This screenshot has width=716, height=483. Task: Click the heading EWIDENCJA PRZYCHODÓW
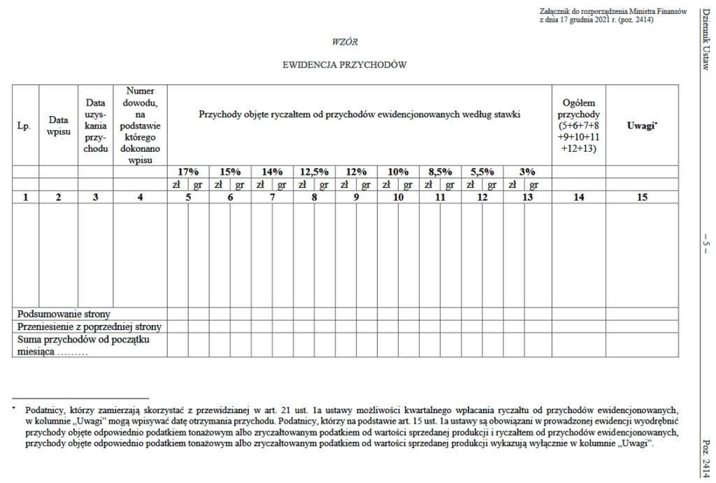344,64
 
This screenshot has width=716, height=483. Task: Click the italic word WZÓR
345,42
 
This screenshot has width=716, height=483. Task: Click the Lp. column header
24,126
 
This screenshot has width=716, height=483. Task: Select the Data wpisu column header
58,126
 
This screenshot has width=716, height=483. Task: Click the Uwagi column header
643,125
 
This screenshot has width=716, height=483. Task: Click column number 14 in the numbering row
579,197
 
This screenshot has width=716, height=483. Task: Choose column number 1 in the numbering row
25,197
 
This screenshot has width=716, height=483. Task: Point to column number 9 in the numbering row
356,197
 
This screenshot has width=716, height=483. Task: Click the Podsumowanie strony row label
64,314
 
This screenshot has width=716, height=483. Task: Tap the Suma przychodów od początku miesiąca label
84,345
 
